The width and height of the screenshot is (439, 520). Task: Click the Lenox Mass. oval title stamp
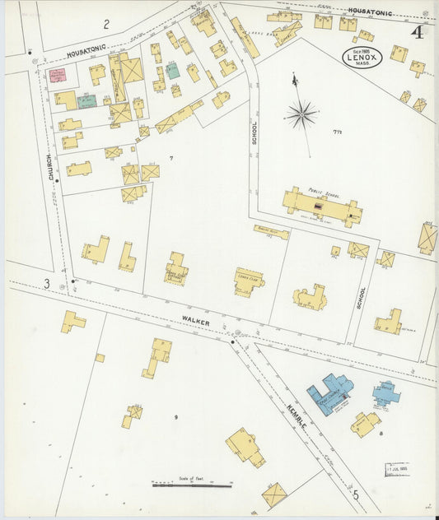tap(362, 57)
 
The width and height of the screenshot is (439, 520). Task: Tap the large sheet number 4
tap(418, 33)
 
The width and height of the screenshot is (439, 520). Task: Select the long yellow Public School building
tap(321, 207)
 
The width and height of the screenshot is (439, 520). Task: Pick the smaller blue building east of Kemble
tap(385, 393)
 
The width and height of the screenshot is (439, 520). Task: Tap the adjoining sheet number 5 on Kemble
tap(356, 494)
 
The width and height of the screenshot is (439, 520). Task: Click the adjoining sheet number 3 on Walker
tap(48, 284)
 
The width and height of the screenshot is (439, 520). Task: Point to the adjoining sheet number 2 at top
tap(106, 24)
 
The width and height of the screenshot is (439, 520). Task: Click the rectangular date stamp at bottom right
tap(397, 470)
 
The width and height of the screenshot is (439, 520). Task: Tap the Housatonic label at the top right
tap(370, 12)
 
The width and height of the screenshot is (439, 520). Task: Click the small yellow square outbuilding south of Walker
tap(100, 358)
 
